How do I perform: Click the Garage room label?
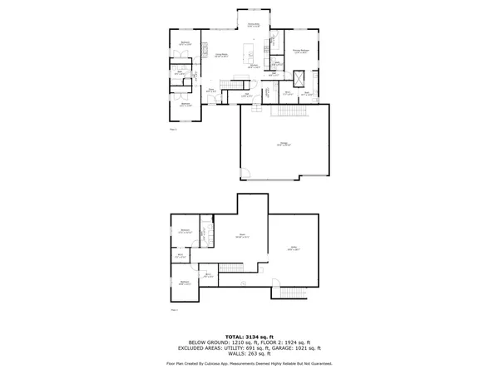(x=284, y=145)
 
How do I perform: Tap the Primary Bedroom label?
(x=301, y=52)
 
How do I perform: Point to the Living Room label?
(x=222, y=55)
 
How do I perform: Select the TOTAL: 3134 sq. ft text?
(x=249, y=335)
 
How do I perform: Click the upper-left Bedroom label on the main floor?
(x=186, y=42)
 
